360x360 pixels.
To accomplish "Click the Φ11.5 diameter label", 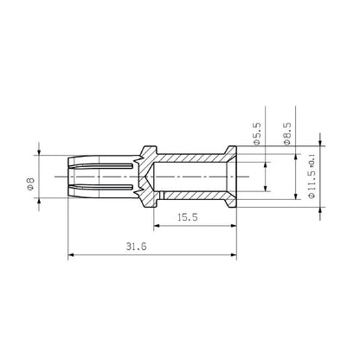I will pos(311,183).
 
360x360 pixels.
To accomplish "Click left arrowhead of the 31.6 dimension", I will pos(71,254).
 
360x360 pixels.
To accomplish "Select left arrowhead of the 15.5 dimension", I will pos(158,228).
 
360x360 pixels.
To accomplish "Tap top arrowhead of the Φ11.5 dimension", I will pos(321,145).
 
